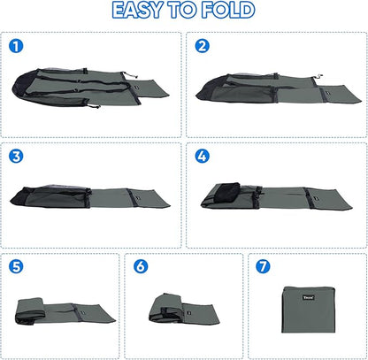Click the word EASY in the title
click(137, 10)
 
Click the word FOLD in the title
click(228, 10)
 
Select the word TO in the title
click(182, 10)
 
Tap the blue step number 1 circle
click(16, 46)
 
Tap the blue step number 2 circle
click(203, 46)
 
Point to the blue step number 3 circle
click(16, 156)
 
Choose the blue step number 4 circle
click(203, 156)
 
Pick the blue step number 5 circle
click(16, 266)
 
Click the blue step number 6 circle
click(141, 266)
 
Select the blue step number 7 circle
click(263, 266)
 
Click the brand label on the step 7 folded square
click(309, 297)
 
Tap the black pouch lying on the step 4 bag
click(226, 192)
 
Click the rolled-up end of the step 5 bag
click(30, 310)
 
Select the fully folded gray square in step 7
click(309, 310)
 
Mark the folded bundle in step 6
click(166, 308)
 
